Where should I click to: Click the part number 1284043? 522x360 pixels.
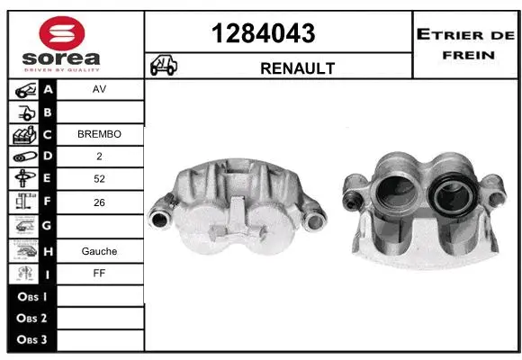[263, 34]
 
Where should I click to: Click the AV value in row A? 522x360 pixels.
[99, 90]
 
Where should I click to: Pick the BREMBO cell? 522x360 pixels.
[99, 134]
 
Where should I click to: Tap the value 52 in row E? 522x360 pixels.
[99, 179]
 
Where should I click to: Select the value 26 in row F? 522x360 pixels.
[99, 203]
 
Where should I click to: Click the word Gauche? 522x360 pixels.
[99, 251]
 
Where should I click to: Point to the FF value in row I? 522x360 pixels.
[99, 274]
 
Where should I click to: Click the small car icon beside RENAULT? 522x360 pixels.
[164, 66]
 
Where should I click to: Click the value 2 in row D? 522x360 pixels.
[99, 157]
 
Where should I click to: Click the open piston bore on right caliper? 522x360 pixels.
[398, 193]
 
